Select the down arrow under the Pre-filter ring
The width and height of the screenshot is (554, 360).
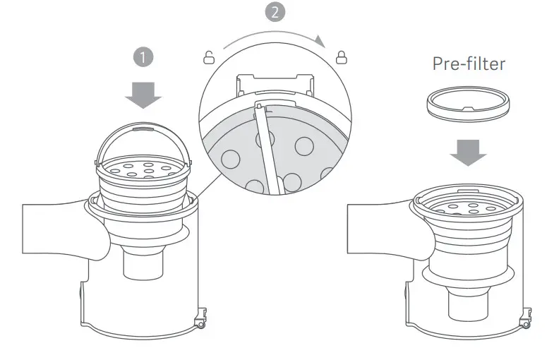pos(469,151)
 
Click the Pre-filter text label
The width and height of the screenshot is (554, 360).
pos(469,64)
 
